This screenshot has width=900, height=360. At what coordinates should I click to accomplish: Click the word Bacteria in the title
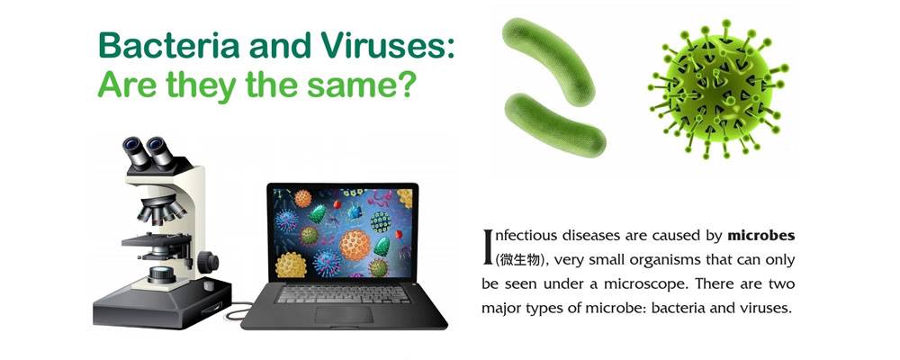point(169,45)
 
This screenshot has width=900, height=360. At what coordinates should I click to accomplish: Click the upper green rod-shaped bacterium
point(547,61)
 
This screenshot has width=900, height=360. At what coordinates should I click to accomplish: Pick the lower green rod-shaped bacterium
point(554,124)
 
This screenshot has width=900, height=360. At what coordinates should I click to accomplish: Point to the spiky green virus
point(717,90)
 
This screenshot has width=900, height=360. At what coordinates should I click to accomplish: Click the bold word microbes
point(761,236)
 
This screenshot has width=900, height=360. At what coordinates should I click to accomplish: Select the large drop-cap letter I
point(488,247)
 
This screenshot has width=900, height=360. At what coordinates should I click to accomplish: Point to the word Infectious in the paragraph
point(520,236)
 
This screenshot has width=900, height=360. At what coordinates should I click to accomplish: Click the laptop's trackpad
point(344,314)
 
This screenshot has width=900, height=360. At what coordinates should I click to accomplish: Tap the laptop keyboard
point(343,294)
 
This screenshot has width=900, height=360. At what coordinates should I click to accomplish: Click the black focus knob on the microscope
point(208,262)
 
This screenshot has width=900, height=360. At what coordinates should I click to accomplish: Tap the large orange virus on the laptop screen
point(355,245)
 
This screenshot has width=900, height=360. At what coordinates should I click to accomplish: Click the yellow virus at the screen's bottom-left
point(291,265)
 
